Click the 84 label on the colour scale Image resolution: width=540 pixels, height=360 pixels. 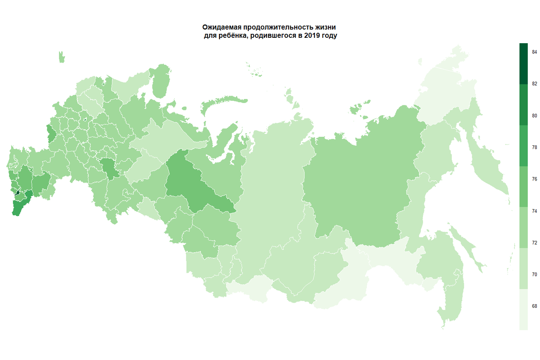click(x=534, y=52)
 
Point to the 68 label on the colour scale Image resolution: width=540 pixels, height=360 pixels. click(x=534, y=306)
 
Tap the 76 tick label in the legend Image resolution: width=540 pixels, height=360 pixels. click(x=534, y=179)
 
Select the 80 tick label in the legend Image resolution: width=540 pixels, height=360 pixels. click(x=534, y=116)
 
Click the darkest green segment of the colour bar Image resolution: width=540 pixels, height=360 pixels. click(x=523, y=63)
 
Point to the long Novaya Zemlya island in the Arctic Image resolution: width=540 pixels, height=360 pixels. click(x=160, y=81)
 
